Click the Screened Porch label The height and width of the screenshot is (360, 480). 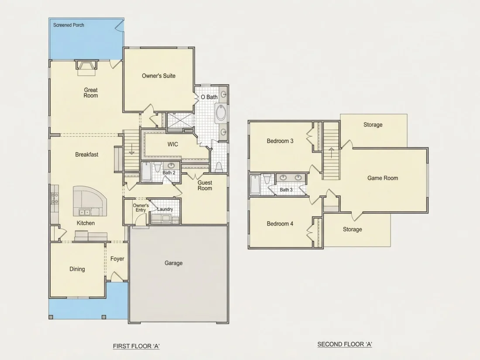(x=69, y=25)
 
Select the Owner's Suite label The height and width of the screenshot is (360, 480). (x=158, y=76)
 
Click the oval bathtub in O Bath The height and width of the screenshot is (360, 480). (x=221, y=113)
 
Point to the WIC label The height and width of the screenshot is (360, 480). (x=173, y=144)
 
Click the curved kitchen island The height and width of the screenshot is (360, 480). (x=90, y=201)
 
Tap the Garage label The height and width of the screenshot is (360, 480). (x=174, y=263)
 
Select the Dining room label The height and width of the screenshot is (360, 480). (x=77, y=269)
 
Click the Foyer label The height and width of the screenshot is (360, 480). (x=117, y=259)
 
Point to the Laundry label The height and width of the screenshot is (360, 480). (x=165, y=209)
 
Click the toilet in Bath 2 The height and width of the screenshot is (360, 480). (x=158, y=167)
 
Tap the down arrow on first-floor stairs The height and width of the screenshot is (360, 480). (x=132, y=149)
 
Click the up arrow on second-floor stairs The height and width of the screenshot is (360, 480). (x=331, y=153)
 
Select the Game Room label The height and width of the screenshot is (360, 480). (x=383, y=178)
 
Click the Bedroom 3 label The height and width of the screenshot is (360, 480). (x=280, y=141)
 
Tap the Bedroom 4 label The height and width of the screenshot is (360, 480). (x=280, y=224)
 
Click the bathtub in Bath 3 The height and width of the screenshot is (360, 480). (x=255, y=185)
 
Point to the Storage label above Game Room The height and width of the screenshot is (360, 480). (x=373, y=125)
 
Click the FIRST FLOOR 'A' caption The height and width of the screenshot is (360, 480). (x=136, y=346)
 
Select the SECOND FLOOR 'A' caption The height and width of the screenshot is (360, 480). (x=345, y=344)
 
